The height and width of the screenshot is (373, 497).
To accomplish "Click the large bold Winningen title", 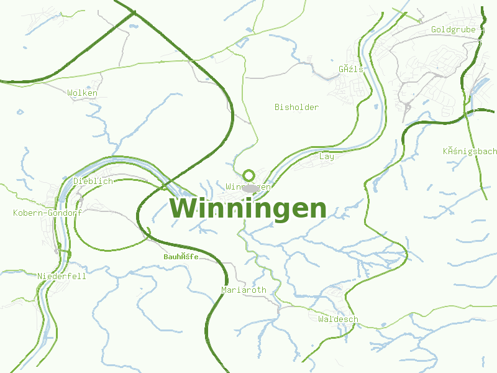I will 248,208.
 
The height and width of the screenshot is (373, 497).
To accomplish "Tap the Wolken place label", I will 83,93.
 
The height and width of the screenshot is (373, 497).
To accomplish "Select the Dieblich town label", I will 93,181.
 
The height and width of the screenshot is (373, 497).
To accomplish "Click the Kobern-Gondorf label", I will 47,213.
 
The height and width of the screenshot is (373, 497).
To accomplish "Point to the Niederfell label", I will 62,276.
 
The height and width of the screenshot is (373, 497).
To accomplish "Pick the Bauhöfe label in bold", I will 181,256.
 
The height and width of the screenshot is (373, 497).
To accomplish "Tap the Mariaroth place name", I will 244,290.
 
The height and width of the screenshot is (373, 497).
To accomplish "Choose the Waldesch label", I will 338,319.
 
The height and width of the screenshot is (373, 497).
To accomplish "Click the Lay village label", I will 326,156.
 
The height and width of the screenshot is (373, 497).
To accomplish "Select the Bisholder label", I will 296,107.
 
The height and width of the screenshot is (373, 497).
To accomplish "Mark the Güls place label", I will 351,69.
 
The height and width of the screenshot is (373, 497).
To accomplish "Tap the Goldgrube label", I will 453,29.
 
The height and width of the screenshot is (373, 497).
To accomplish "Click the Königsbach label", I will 470,151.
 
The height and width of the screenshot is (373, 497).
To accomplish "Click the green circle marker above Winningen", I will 249,175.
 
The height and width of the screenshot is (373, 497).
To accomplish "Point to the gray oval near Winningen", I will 250,188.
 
